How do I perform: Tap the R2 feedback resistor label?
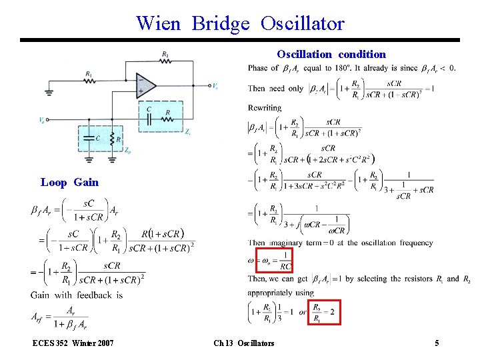pyautogui.click(x=165, y=53)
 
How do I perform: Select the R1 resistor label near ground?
pyautogui.click(x=89, y=73)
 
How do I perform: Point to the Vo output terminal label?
pyautogui.click(x=215, y=87)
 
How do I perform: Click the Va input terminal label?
pyautogui.click(x=42, y=121)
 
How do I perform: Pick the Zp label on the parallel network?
pyautogui.click(x=127, y=151)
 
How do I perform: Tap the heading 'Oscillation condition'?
pyautogui.click(x=331, y=54)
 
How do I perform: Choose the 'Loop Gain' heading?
pyautogui.click(x=69, y=182)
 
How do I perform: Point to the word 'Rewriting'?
pyautogui.click(x=265, y=107)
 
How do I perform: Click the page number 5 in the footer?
pyautogui.click(x=437, y=343)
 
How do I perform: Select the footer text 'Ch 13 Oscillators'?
pyautogui.click(x=243, y=343)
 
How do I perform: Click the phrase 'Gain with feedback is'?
pyautogui.click(x=77, y=295)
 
